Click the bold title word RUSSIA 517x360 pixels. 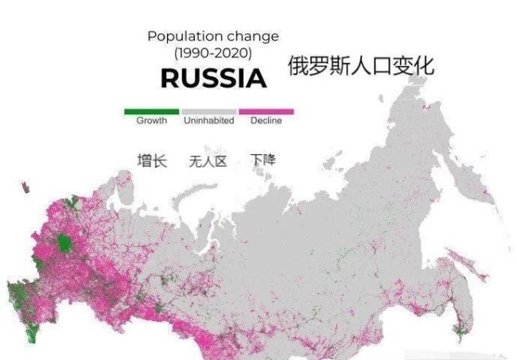click(213, 79)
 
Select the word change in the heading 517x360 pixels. click(253, 37)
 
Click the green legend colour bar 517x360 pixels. click(151, 112)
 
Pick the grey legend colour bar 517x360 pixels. click(209, 112)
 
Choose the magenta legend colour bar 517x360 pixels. click(266, 112)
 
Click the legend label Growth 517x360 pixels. click(151, 121)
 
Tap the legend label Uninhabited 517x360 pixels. click(209, 121)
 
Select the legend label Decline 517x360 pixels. click(266, 121)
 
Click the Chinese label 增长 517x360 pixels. click(151, 161)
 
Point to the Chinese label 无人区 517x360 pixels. click(208, 161)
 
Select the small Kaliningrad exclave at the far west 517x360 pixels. click(26, 188)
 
